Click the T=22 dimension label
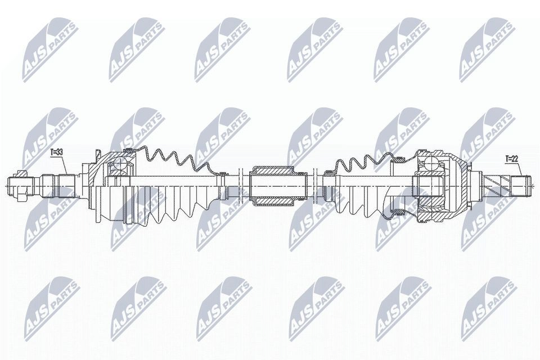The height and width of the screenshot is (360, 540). pyautogui.click(x=512, y=159)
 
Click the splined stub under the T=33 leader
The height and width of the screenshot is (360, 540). pyautogui.click(x=58, y=186)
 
